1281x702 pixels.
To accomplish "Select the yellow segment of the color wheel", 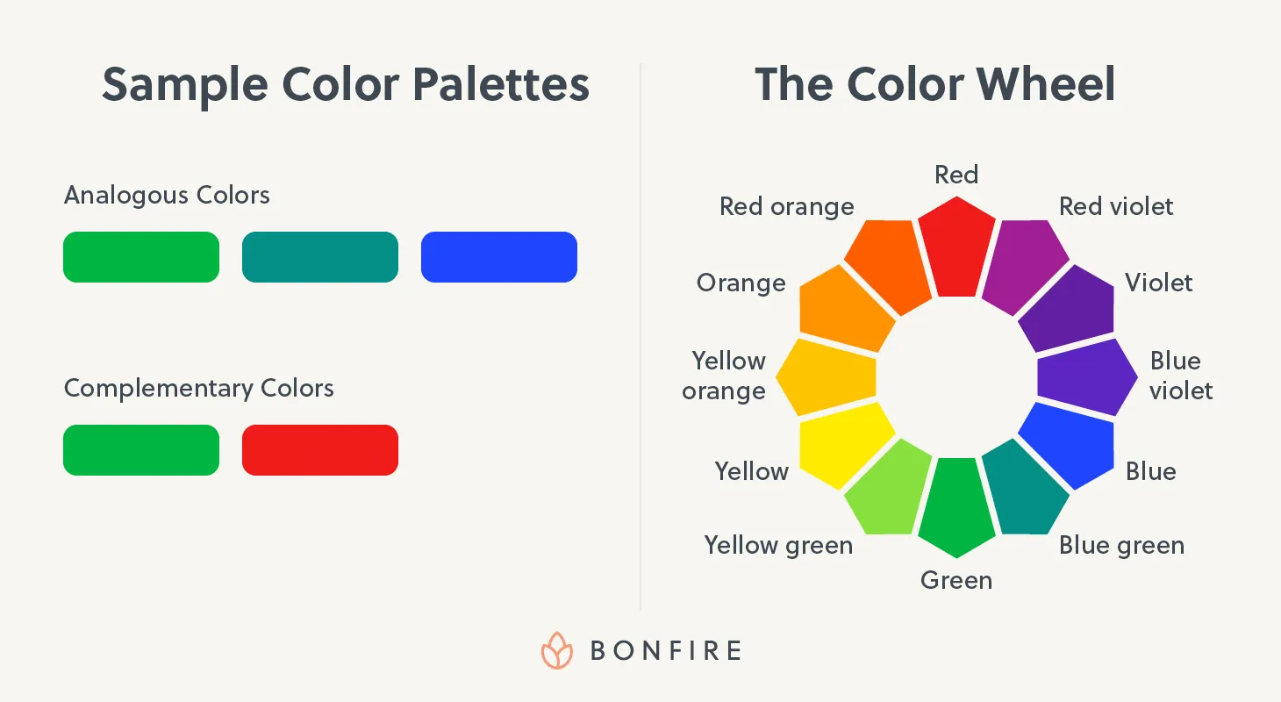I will (842, 444).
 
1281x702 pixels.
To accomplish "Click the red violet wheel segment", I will (1023, 263).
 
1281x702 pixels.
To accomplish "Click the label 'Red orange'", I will (786, 207).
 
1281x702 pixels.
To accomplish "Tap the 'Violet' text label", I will (1158, 283).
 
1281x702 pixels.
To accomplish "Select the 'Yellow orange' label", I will (726, 376).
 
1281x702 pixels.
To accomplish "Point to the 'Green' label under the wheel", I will (956, 580).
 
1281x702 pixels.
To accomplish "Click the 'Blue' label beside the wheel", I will (1150, 472).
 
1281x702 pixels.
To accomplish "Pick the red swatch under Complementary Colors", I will (320, 450).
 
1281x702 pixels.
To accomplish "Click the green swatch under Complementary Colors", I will (141, 450).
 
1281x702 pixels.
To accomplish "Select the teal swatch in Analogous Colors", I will (320, 257).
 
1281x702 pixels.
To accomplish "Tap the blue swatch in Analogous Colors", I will (499, 257).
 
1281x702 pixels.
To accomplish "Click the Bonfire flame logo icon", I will (556, 650).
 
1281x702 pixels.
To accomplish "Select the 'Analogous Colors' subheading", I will (167, 195).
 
